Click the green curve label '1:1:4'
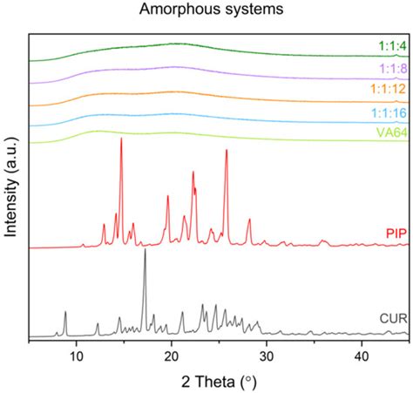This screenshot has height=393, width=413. tap(391, 47)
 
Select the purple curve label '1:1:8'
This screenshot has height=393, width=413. tap(391, 67)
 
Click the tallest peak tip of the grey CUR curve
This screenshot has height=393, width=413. tap(145, 250)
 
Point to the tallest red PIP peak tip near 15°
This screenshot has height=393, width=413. tap(121, 139)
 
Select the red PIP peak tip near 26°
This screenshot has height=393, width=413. tap(227, 150)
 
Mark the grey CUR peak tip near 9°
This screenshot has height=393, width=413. tap(65, 311)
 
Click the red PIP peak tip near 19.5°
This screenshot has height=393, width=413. tap(168, 196)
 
